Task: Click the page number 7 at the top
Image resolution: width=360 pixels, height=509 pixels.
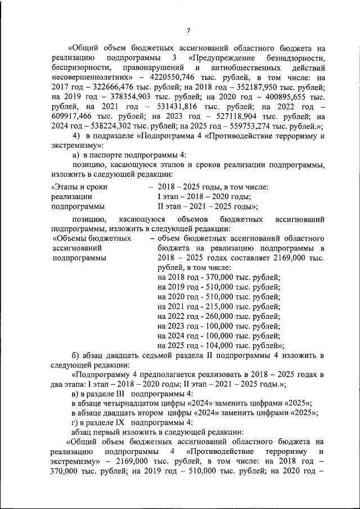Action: click(x=189, y=30)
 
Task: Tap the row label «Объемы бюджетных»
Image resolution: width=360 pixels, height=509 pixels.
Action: click(x=84, y=238)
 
